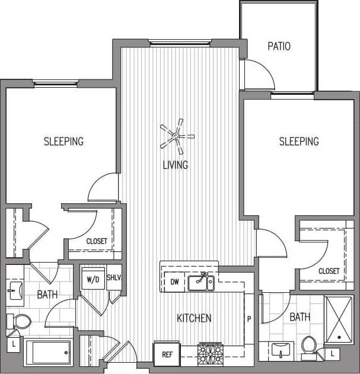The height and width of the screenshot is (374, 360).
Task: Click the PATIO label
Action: tap(279, 46)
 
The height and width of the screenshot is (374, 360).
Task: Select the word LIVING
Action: tap(176, 165)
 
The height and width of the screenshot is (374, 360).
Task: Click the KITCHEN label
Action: tap(194, 318)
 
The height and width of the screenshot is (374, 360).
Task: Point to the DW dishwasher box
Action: tap(174, 282)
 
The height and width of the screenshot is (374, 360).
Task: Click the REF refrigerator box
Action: tap(166, 355)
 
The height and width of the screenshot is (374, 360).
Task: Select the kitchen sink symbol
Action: tap(202, 283)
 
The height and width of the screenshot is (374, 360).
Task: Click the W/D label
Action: tap(93, 278)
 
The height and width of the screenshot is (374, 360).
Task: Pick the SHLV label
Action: tap(114, 278)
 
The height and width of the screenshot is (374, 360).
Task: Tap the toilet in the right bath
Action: tap(309, 346)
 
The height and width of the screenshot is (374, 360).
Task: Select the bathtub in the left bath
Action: tap(47, 353)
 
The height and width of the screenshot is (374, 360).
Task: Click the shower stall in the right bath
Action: tap(339, 320)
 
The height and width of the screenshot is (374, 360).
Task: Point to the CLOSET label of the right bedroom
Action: tap(329, 271)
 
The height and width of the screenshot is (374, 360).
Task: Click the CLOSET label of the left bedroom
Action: tap(97, 241)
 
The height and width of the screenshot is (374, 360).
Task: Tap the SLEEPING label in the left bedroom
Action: tap(63, 141)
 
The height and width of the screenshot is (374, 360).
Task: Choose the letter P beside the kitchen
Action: tap(249, 318)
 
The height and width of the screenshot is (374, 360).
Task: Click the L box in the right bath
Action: tap(333, 354)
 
